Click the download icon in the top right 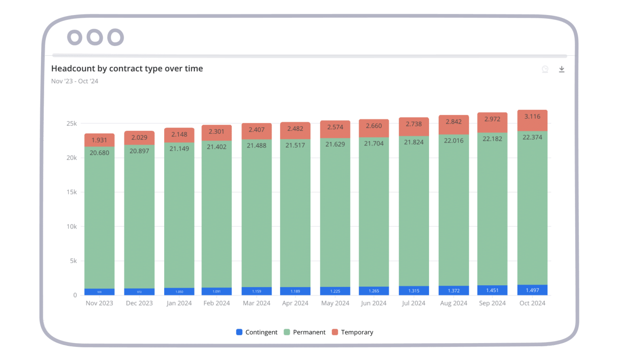click(562, 69)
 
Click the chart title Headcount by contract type click(127, 69)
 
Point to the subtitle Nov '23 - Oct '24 click(75, 81)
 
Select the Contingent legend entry click(257, 332)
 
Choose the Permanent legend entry click(305, 332)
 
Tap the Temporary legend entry click(353, 332)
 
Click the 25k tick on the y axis click(72, 124)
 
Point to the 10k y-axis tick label click(72, 227)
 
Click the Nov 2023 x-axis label click(99, 303)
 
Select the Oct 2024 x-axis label click(532, 303)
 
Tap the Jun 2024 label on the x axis click(374, 303)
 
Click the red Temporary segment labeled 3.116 click(532, 120)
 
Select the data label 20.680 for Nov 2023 click(99, 153)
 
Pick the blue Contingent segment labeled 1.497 click(532, 290)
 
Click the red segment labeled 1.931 click(99, 140)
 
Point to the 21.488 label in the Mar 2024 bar click(256, 145)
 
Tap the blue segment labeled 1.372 click(454, 291)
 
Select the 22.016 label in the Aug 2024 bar click(454, 141)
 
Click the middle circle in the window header click(95, 38)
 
